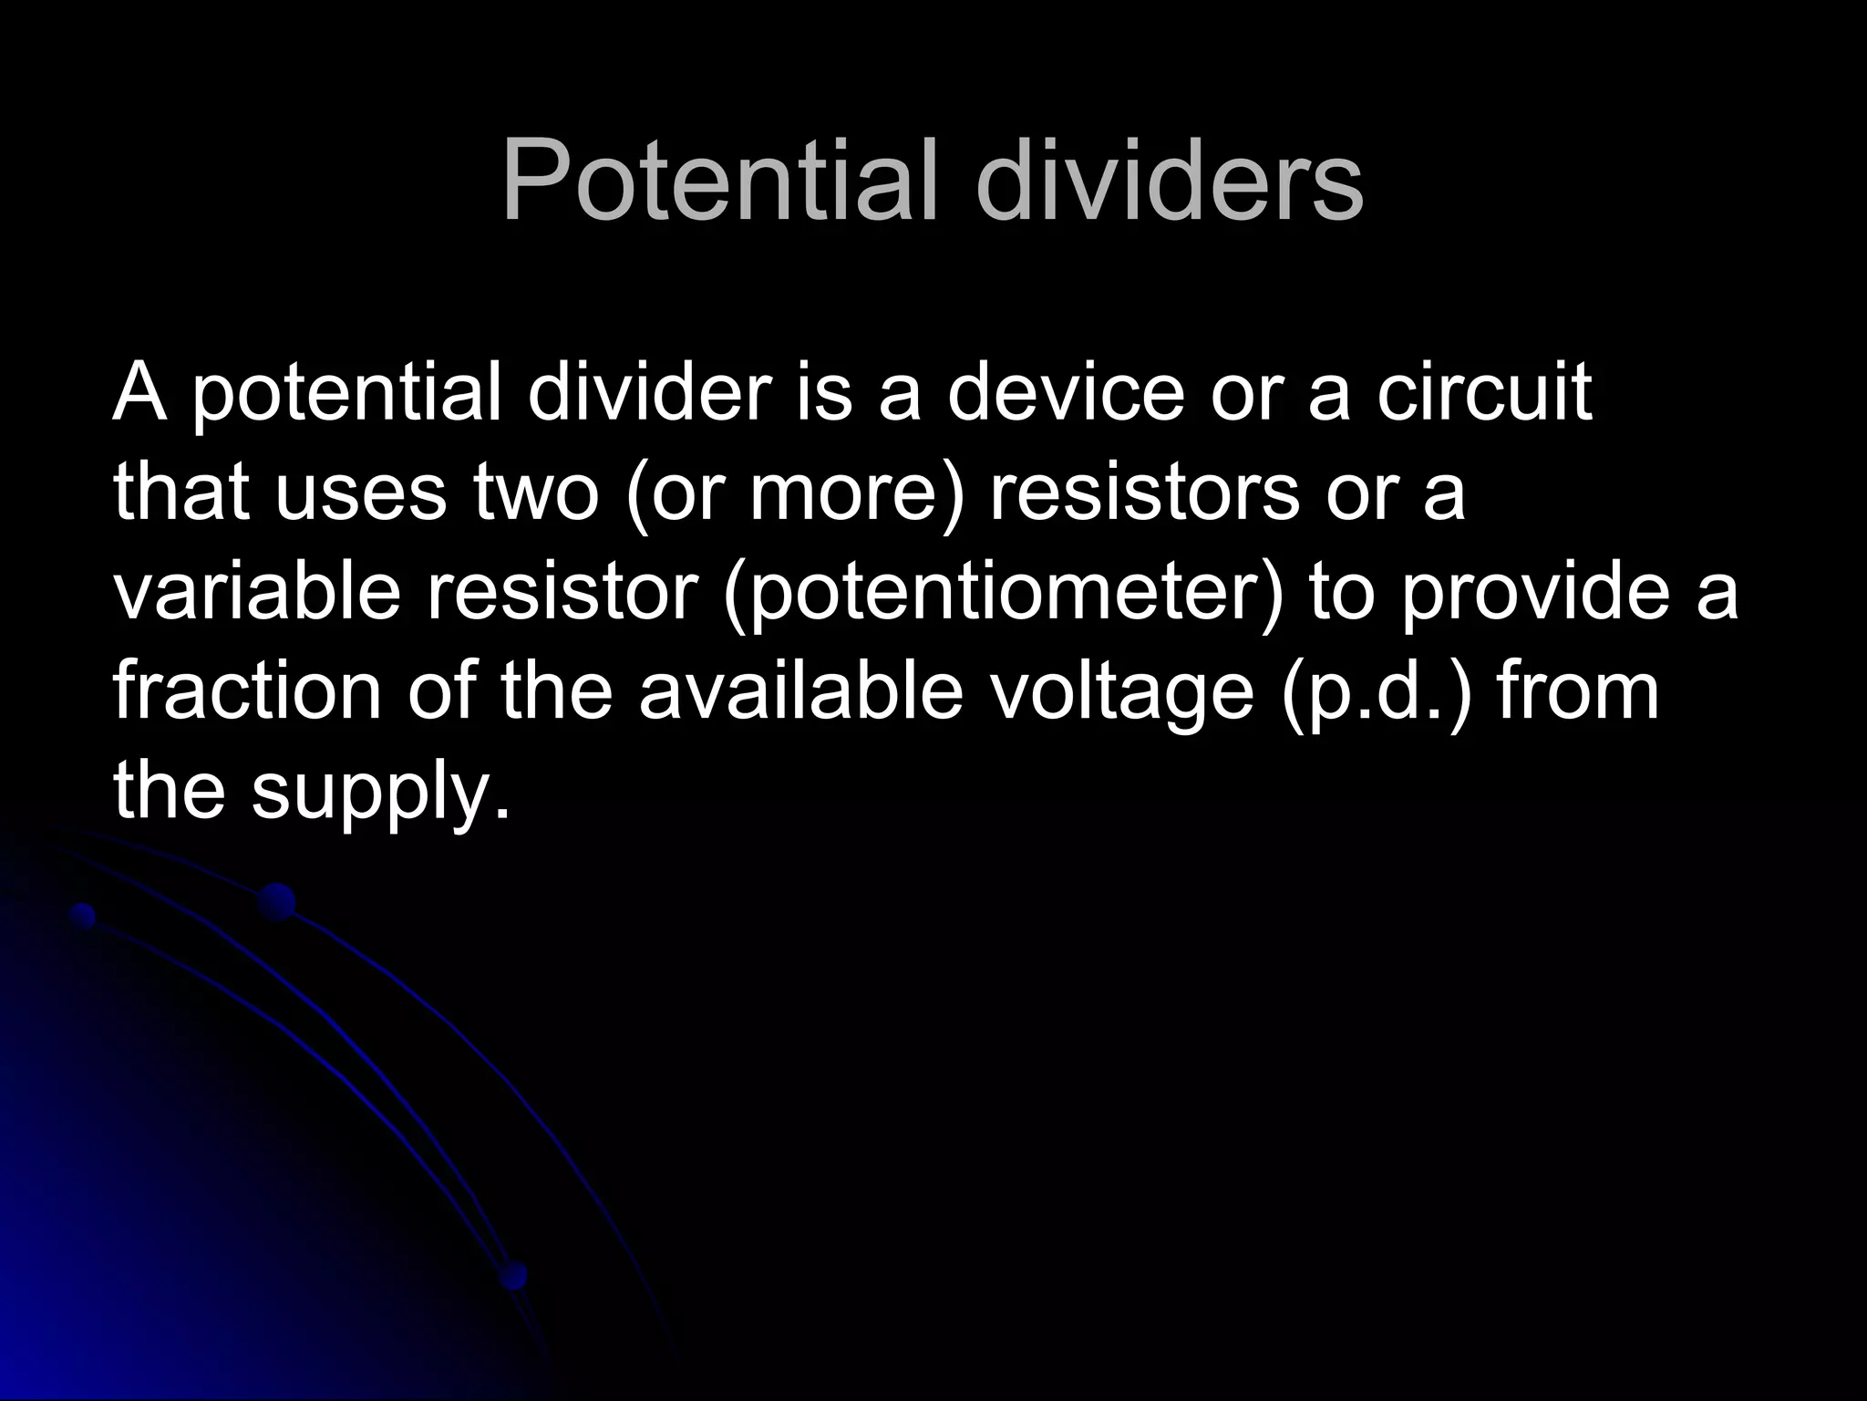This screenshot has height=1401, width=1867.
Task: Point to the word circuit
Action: (x=1484, y=392)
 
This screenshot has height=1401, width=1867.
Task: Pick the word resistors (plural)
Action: (x=1145, y=493)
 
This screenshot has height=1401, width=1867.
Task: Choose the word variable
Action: (x=257, y=591)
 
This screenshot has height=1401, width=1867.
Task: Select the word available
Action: (x=800, y=690)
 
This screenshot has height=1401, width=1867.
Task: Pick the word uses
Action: (x=361, y=493)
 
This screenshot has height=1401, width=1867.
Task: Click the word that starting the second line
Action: (x=181, y=493)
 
